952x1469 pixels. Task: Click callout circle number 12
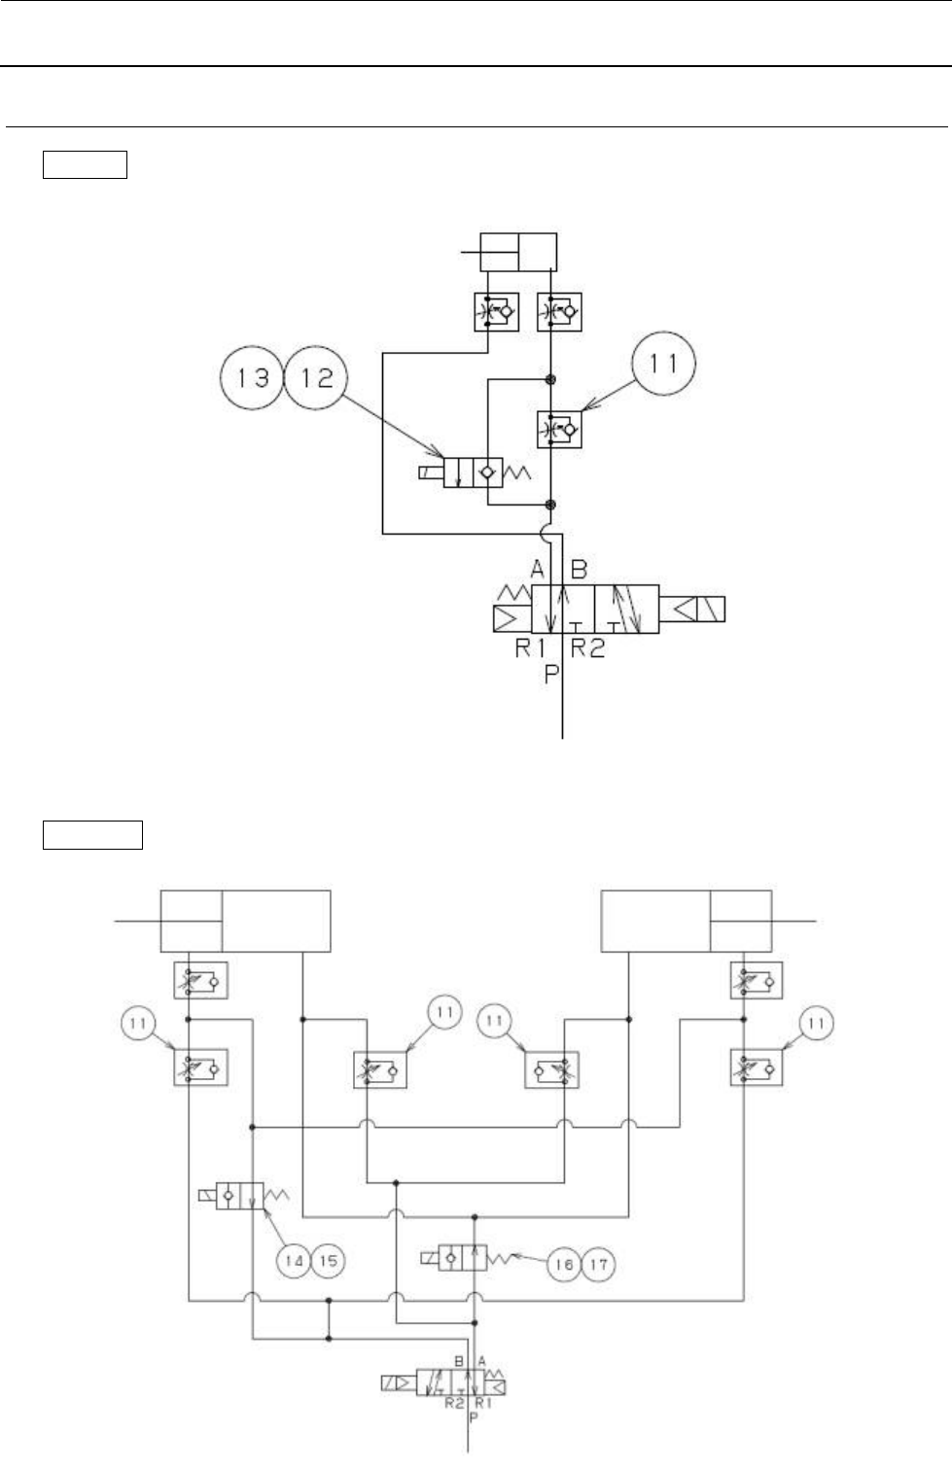pos(318,377)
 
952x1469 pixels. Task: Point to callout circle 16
pos(565,1265)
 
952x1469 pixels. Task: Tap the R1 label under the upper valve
pos(531,647)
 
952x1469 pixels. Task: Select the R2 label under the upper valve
pos(587,647)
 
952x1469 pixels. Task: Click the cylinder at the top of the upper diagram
pos(519,252)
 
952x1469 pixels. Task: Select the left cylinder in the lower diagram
pos(245,920)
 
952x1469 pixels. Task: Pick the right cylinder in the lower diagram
pos(688,920)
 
